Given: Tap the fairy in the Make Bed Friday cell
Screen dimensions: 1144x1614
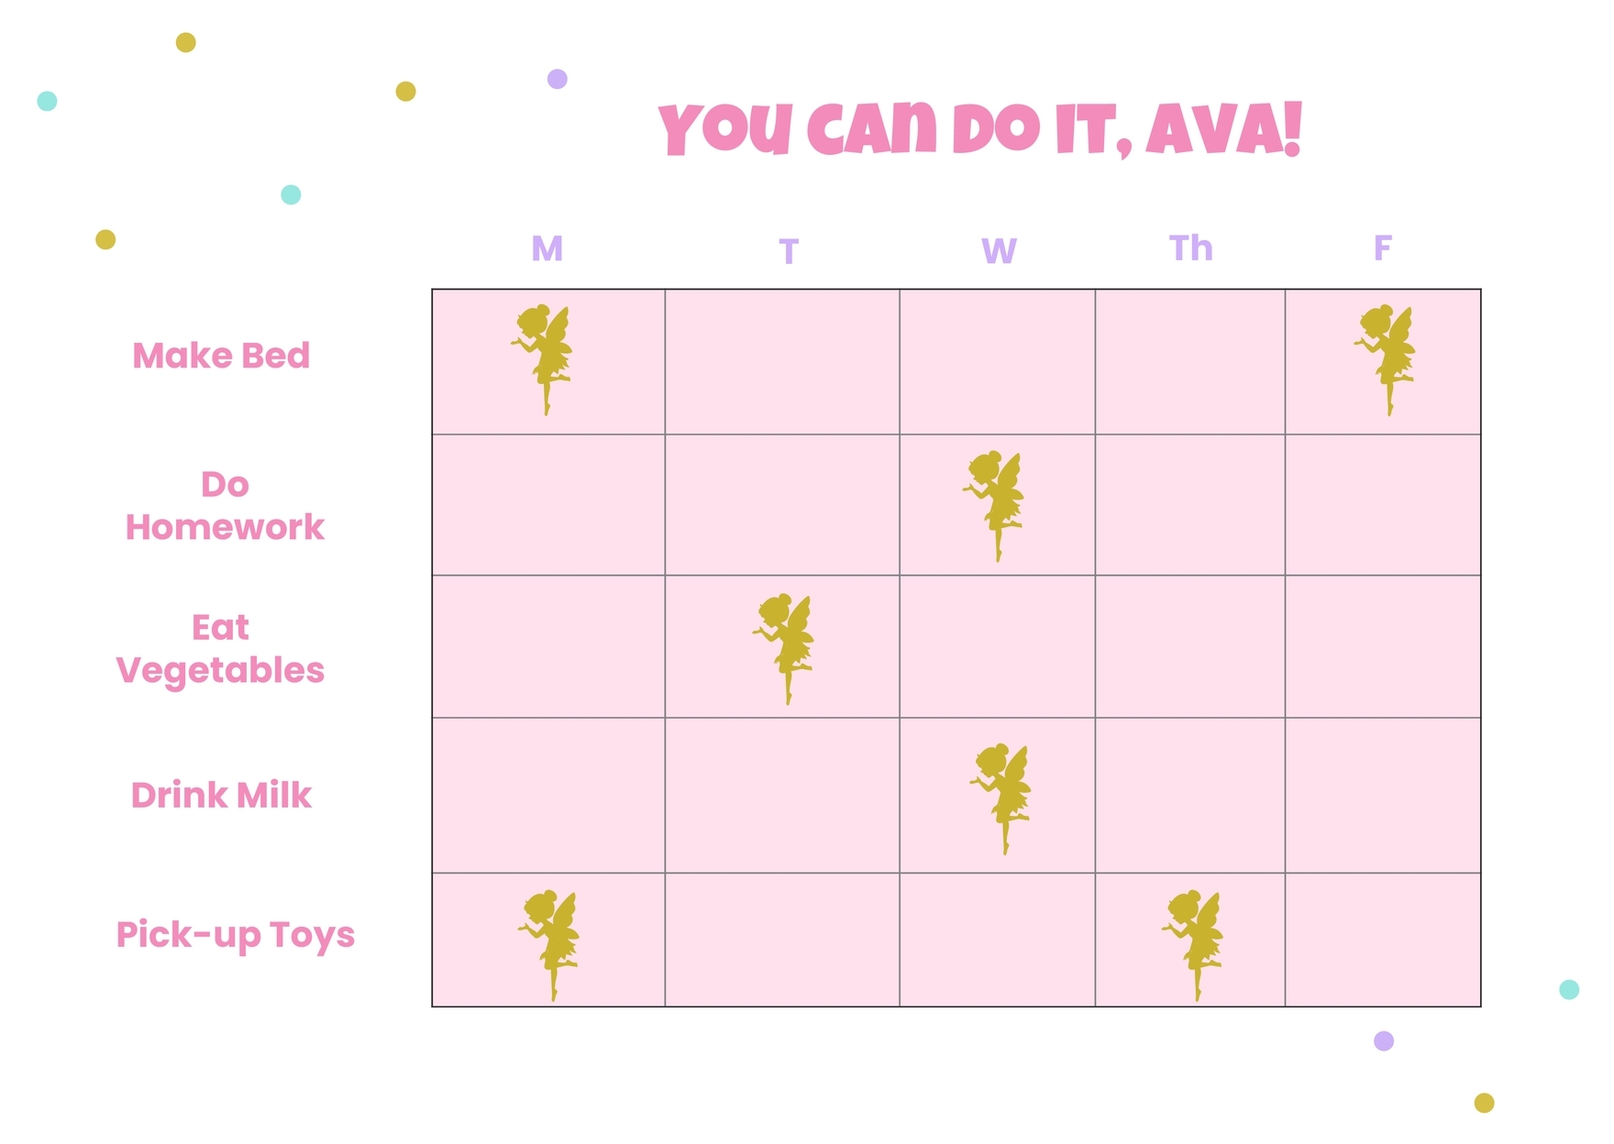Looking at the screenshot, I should tap(1387, 358).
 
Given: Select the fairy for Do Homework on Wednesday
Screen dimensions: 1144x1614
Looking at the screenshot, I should tap(995, 504).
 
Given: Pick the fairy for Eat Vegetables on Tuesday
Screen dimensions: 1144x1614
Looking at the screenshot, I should tap(785, 647).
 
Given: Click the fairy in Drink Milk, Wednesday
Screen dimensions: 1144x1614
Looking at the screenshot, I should tap(1001, 797).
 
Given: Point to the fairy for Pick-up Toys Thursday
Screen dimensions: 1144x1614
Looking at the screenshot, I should tap(1194, 943).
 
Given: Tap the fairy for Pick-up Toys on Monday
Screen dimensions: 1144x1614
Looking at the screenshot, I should tap(550, 943).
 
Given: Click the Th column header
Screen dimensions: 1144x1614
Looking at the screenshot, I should tap(1190, 248).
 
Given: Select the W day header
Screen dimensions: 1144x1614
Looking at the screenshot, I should tap(998, 250).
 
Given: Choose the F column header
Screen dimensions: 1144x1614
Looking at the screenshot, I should tap(1382, 248).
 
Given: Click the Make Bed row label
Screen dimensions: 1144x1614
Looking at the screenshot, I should tap(221, 356).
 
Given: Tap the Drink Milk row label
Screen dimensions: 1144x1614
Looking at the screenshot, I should tap(221, 795).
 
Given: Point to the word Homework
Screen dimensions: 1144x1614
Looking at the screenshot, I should tap(225, 527).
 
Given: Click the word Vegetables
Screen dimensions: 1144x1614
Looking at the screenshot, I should tap(220, 671).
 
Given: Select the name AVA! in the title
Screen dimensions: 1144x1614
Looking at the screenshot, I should tap(1223, 129).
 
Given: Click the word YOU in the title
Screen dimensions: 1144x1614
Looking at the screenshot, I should tap(724, 129).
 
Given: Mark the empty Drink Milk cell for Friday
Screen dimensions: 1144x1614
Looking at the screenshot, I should tap(1382, 795).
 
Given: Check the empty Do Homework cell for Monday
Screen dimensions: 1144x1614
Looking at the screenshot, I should tap(548, 505).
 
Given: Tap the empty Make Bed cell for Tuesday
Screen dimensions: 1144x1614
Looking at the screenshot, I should tap(782, 362).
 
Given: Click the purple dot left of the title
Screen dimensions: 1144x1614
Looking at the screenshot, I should tap(558, 79).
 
